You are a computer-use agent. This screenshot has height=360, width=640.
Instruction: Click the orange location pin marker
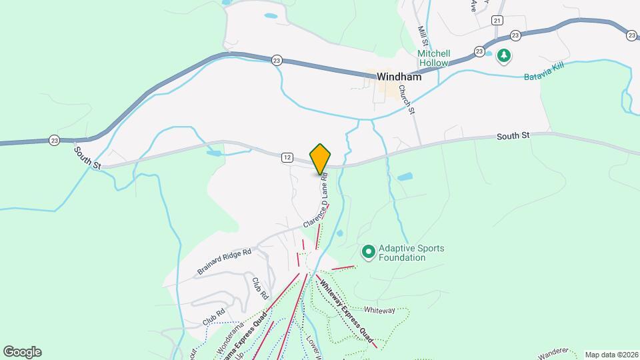pyautogui.click(x=321, y=158)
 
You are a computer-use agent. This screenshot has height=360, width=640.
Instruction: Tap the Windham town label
pyautogui.click(x=399, y=77)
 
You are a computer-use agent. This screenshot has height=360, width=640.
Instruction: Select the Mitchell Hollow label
pyautogui.click(x=434, y=58)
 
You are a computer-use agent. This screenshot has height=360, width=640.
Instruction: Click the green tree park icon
pyautogui.click(x=505, y=56)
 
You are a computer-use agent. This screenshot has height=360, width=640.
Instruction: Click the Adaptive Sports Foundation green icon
pyautogui.click(x=367, y=252)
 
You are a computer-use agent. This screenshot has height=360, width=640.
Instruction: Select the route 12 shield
pyautogui.click(x=287, y=157)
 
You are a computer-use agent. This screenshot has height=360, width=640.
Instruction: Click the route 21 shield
pyautogui.click(x=497, y=21)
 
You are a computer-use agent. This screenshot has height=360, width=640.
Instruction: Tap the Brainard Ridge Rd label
pyautogui.click(x=224, y=261)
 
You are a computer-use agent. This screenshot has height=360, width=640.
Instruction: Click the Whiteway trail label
pyautogui.click(x=379, y=310)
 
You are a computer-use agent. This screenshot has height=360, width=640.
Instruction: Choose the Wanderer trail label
pyautogui.click(x=555, y=351)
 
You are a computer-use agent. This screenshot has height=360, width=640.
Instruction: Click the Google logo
pyautogui.click(x=22, y=351)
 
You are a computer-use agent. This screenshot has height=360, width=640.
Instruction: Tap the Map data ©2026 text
pyautogui.click(x=611, y=354)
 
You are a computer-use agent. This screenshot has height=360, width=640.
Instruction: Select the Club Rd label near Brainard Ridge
pyautogui.click(x=260, y=287)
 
